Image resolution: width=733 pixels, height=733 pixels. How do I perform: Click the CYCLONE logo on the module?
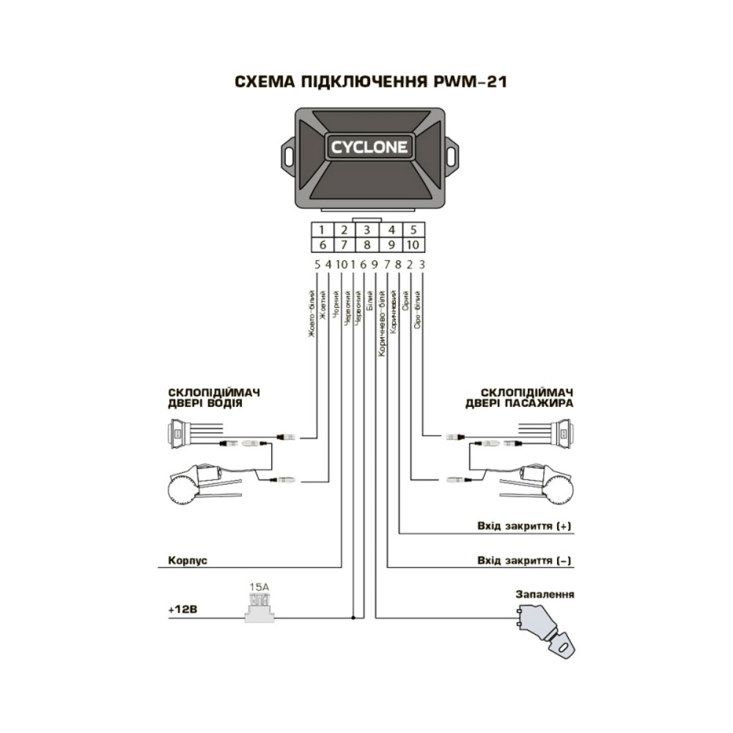click(x=369, y=147)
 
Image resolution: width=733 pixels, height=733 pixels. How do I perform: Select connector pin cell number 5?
click(x=413, y=229)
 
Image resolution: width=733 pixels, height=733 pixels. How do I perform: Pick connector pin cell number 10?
click(x=413, y=244)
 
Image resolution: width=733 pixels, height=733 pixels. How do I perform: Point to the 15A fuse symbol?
click(x=259, y=607)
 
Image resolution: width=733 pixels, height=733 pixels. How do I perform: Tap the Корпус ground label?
click(x=188, y=559)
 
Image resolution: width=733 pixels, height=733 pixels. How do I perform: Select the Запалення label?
click(x=545, y=594)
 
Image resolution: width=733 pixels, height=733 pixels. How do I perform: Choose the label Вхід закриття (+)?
click(x=523, y=526)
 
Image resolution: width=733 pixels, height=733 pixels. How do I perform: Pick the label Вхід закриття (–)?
click(x=523, y=561)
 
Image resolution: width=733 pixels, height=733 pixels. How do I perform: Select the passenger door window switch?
click(x=563, y=432)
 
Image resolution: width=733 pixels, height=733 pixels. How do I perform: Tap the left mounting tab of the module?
click(x=288, y=155)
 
